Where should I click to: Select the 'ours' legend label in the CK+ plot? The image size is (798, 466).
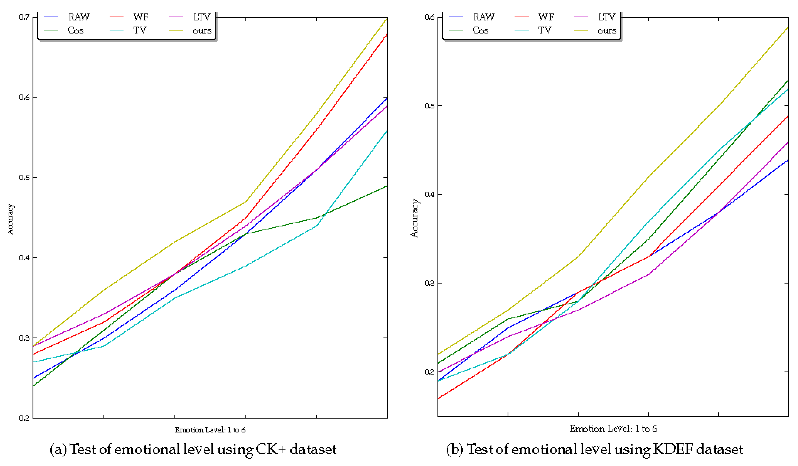(202, 31)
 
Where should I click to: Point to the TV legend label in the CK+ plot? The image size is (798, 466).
(140, 31)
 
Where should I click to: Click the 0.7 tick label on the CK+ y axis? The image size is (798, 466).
(24, 17)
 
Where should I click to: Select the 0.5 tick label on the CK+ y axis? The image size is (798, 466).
(24, 177)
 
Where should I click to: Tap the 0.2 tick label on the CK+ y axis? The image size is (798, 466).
(24, 418)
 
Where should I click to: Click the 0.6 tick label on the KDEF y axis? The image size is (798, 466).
(429, 17)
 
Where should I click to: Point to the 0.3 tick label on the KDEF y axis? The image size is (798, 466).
(429, 283)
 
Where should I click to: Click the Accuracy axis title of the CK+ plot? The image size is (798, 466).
(10, 219)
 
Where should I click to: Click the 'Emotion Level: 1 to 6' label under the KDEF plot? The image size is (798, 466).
(613, 429)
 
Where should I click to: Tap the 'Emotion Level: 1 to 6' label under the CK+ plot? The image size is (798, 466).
(210, 430)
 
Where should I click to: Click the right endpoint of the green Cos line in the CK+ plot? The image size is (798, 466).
(387, 186)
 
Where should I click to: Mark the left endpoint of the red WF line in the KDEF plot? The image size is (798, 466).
(438, 399)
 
